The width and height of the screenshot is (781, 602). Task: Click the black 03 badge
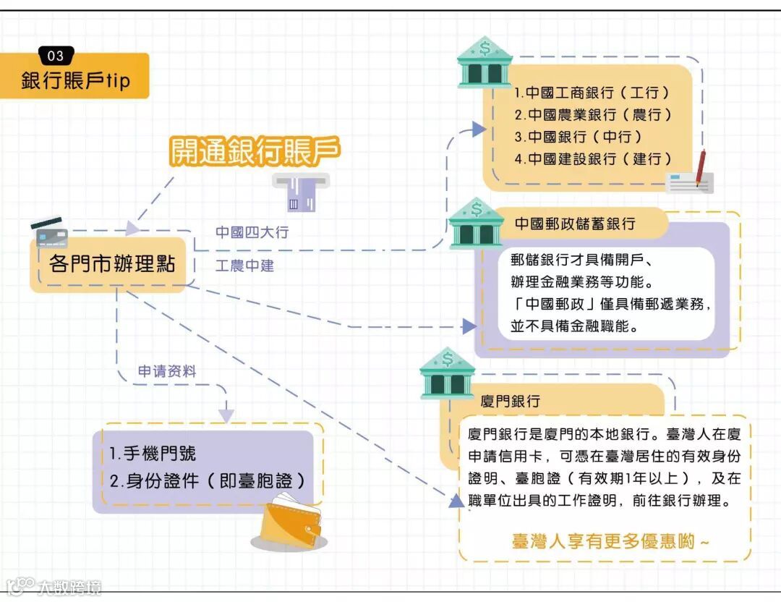(55, 56)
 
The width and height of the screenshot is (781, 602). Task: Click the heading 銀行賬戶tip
(76, 80)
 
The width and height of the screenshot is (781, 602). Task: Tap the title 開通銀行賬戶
(255, 150)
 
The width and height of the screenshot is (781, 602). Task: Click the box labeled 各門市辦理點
(112, 263)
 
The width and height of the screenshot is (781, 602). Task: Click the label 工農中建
(244, 266)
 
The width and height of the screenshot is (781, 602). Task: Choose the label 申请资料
(167, 372)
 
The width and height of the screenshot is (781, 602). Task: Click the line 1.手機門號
(153, 454)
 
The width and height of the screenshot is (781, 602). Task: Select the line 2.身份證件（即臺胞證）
(208, 480)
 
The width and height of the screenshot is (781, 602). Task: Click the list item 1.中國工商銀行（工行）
(592, 93)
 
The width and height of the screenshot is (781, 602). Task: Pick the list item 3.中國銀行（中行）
(578, 136)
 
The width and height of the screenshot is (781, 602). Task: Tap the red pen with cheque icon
(691, 174)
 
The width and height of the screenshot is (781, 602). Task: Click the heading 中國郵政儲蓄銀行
(575, 224)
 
